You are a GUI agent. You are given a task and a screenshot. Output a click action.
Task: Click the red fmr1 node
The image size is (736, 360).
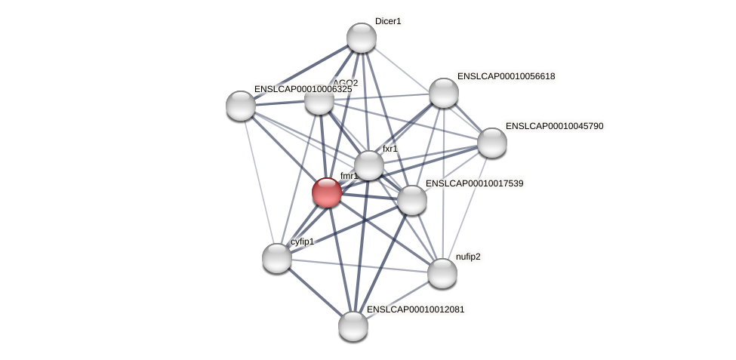327,192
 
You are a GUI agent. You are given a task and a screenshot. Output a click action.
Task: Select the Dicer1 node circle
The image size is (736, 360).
362,38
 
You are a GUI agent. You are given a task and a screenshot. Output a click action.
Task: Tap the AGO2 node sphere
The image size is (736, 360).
319,100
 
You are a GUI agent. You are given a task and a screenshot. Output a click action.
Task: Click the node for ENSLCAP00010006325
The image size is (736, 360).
241,106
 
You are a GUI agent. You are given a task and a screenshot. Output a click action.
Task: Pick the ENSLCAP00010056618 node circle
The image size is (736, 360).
444,93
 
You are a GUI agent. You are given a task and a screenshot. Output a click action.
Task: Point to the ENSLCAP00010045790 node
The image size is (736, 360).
492,143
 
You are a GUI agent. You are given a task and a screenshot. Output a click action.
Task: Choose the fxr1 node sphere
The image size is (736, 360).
369,165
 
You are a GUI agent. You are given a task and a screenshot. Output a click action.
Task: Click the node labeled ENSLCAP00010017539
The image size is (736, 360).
412,200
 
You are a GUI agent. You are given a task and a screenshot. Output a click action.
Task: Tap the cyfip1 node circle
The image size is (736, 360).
277,258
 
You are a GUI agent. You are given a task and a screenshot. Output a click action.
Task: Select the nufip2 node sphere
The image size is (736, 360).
442,273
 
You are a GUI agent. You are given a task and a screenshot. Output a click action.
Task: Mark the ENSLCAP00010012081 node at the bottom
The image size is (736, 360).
353,326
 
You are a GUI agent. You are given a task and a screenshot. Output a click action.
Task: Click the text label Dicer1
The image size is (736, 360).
388,21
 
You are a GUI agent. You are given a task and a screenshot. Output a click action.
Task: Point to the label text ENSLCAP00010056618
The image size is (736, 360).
506,76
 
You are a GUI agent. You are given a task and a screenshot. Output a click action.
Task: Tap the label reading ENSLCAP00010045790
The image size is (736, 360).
554,126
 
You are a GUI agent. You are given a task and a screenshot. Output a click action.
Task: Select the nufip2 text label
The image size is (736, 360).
468,257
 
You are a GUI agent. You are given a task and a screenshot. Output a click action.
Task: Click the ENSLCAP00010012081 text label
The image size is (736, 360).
415,309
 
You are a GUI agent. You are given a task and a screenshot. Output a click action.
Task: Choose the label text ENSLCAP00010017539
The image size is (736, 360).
474,183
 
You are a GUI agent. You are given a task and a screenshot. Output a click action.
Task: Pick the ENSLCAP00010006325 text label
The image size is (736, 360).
303,89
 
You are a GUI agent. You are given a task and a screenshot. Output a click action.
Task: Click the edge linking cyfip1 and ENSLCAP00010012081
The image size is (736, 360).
315,292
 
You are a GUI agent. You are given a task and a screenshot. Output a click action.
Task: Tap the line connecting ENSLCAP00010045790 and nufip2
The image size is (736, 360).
467,208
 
